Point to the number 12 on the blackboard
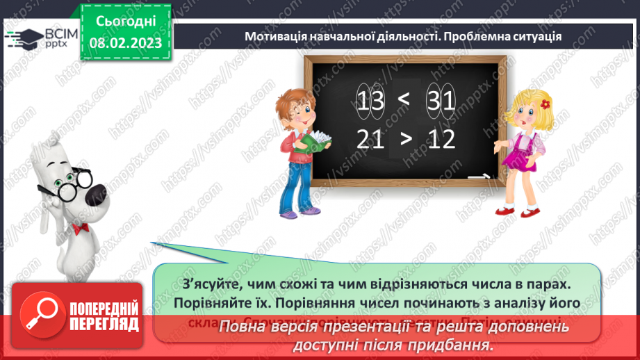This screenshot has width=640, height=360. tap(441, 139)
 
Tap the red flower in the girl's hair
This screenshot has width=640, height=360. tap(545, 104)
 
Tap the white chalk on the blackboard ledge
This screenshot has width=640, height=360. tap(477, 177)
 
